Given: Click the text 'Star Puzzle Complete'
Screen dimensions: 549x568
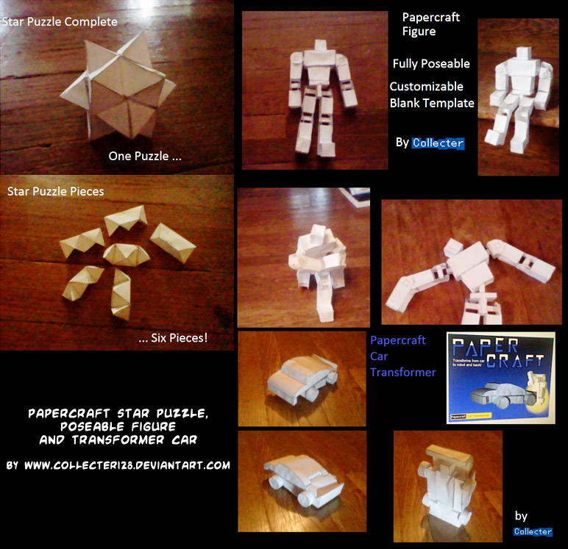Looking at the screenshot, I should click(60, 22).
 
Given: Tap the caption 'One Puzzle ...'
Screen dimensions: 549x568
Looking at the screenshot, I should click(145, 156).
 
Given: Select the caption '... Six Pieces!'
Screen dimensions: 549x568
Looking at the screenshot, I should click(173, 339).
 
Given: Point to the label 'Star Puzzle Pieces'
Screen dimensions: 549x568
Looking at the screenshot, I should click(56, 192).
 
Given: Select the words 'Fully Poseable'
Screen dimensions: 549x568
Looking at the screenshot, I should click(431, 64).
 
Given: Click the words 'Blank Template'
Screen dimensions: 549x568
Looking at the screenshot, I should click(432, 103).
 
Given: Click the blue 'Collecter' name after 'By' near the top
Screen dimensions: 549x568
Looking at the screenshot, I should click(439, 143).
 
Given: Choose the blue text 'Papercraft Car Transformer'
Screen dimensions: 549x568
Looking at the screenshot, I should click(402, 356).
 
